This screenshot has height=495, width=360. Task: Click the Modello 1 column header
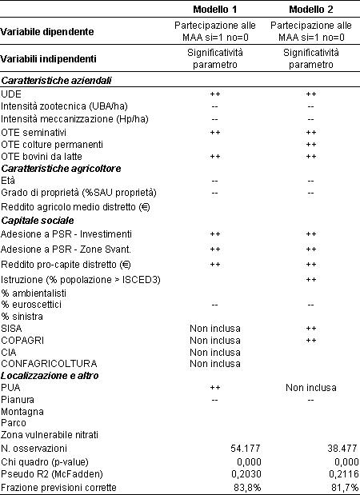(x=214, y=10)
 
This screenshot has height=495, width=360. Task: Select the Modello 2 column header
(x=310, y=10)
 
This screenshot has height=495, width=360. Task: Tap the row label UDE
(x=11, y=94)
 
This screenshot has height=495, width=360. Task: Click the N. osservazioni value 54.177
(x=246, y=449)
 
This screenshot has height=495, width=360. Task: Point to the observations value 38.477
(x=342, y=449)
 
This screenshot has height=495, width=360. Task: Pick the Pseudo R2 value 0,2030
(x=246, y=474)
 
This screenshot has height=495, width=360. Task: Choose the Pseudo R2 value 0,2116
(x=343, y=474)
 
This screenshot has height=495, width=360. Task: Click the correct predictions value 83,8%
(x=247, y=488)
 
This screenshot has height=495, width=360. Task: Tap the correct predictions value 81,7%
(x=345, y=488)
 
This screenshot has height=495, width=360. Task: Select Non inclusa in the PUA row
(x=310, y=387)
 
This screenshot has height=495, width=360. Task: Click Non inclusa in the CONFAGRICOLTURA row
(x=214, y=364)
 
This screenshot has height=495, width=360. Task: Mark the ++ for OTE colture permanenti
(x=311, y=145)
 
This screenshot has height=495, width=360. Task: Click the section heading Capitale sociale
(x=38, y=221)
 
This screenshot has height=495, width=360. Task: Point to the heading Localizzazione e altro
(x=50, y=376)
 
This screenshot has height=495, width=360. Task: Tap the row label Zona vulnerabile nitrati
(x=50, y=435)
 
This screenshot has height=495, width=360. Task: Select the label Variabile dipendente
(x=47, y=31)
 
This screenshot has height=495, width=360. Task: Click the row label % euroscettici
(x=31, y=305)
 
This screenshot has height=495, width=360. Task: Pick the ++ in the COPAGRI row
(x=311, y=341)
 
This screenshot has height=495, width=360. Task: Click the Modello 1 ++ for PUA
(x=215, y=387)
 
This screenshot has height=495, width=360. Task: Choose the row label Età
(x=8, y=181)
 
